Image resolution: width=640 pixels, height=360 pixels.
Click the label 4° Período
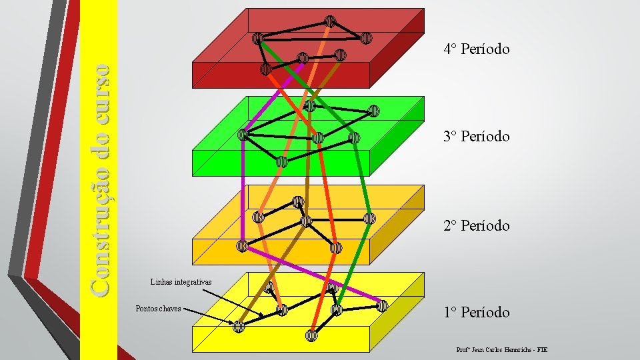476,49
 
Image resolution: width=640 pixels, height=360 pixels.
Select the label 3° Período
476,136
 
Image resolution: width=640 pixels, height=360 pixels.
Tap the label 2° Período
476,225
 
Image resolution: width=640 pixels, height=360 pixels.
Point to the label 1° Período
476,312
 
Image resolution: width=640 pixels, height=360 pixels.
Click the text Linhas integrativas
181,282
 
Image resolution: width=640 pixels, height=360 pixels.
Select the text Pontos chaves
158,309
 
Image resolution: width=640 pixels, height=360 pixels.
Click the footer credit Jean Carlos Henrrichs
501,349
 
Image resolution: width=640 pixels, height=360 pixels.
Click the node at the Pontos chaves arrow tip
239,326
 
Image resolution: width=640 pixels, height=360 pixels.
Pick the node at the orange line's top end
329,21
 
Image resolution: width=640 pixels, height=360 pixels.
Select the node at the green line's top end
257,38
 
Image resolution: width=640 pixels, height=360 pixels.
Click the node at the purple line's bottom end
382,306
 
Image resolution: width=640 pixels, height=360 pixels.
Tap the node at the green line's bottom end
337,309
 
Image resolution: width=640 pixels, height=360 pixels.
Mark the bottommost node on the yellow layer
311,335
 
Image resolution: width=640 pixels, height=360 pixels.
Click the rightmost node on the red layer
366,38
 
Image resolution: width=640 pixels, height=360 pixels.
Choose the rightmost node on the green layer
374,111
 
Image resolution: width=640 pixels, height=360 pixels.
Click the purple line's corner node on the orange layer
243,246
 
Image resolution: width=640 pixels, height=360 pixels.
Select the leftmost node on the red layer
257,38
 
